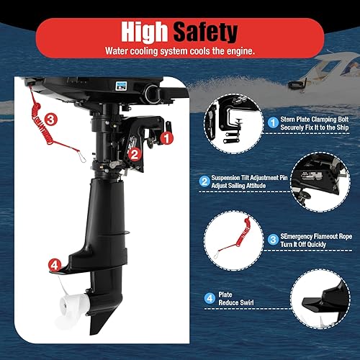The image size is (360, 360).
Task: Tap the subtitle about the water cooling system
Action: pyautogui.click(x=179, y=51)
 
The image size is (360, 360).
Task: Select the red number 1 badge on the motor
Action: pyautogui.click(x=166, y=135)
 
